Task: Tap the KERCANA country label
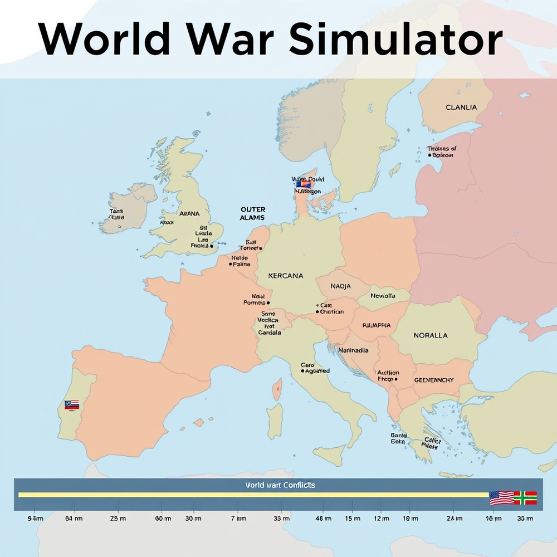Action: click(x=286, y=276)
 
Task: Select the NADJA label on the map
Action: click(x=340, y=286)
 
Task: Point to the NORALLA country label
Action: click(x=431, y=336)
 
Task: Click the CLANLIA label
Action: click(x=461, y=108)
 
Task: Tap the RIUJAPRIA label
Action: click(x=377, y=325)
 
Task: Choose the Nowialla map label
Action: click(x=383, y=296)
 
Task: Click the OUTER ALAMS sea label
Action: click(x=252, y=213)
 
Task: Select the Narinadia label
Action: click(x=354, y=351)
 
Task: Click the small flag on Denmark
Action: click(x=303, y=183)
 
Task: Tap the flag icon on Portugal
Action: click(x=72, y=405)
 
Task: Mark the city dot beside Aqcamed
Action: click(x=302, y=371)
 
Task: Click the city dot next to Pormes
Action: click(x=268, y=303)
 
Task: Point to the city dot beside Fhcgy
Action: click(x=396, y=379)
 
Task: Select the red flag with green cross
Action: click(x=525, y=497)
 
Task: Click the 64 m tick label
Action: click(x=74, y=519)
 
